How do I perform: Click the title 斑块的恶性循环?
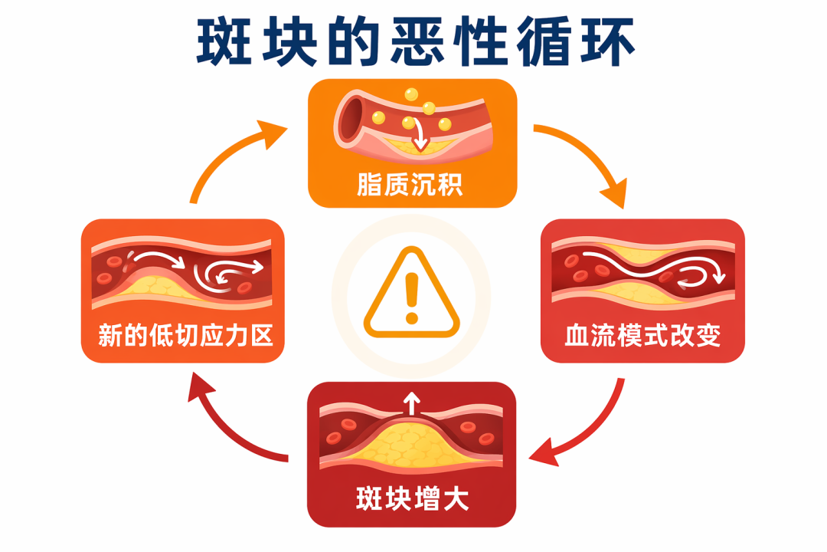tap(415, 41)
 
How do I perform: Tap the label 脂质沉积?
tap(410, 184)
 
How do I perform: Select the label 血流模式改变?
tap(642, 336)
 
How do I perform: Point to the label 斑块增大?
tap(412, 498)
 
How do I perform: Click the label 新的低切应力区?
tap(185, 336)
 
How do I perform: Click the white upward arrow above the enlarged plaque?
tap(411, 404)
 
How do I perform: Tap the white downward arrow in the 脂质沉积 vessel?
tap(420, 135)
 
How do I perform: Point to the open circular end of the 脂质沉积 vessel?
tap(350, 119)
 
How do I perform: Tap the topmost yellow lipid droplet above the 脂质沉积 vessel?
tap(411, 94)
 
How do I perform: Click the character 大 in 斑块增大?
tap(456, 498)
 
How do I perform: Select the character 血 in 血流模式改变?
tap(577, 336)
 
